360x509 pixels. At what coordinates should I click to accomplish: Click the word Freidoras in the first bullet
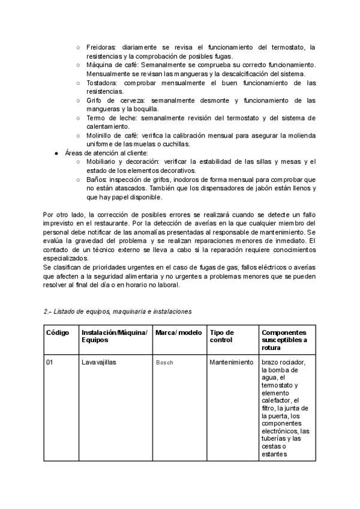pyautogui.click(x=101, y=47)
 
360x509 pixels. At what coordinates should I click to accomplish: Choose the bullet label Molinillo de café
pyautogui.click(x=109, y=136)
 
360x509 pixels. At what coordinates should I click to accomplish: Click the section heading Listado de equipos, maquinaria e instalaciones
pyautogui.click(x=118, y=312)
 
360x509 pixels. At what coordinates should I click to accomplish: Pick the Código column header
pyautogui.click(x=58, y=333)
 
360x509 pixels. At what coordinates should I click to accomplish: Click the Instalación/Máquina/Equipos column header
pyautogui.click(x=114, y=336)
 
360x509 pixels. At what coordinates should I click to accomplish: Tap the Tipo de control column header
pyautogui.click(x=222, y=336)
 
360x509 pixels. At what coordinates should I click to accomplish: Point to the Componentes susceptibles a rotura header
pyautogui.click(x=284, y=340)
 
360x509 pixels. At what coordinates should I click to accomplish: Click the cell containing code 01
pyautogui.click(x=50, y=363)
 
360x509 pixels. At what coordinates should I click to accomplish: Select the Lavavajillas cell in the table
pyautogui.click(x=100, y=363)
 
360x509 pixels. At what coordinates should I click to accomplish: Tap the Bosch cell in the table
pyautogui.click(x=164, y=363)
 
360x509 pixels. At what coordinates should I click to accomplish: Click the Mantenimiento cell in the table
pyautogui.click(x=232, y=363)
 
